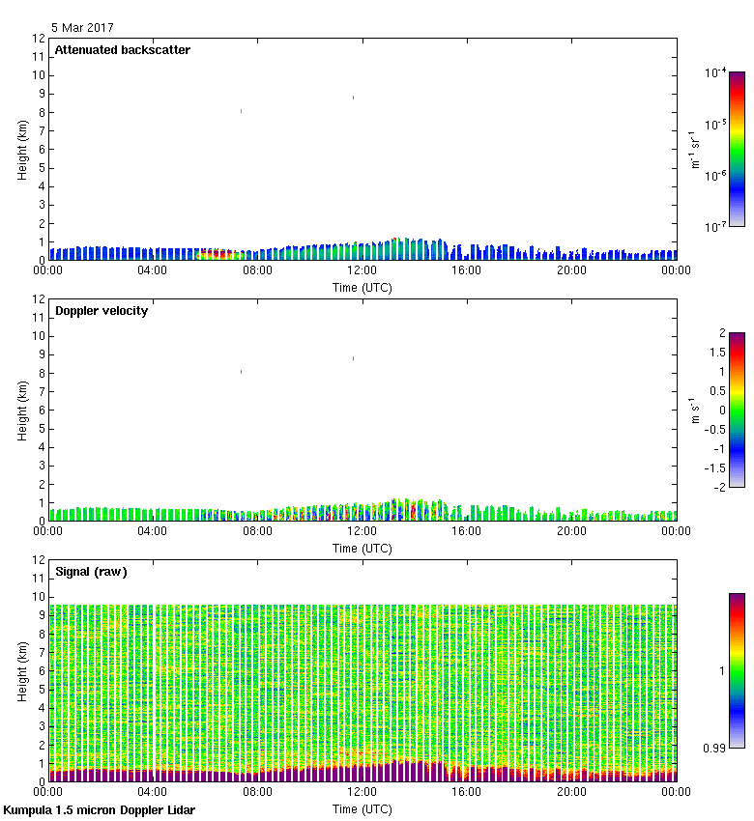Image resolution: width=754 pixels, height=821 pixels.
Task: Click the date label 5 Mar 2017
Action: pos(82,28)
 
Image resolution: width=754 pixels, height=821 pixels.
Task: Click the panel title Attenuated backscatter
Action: pos(123,50)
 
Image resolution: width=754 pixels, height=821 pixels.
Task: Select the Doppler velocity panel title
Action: pos(101,311)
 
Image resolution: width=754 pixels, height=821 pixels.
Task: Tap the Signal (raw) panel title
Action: pos(91,572)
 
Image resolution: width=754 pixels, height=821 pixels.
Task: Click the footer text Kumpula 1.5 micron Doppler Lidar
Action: pos(100,809)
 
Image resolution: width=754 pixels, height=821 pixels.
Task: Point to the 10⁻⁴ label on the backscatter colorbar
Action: pos(715,73)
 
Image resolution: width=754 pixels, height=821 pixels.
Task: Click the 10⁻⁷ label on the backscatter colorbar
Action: pos(715,226)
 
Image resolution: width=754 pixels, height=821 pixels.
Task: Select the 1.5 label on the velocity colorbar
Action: pos(714,353)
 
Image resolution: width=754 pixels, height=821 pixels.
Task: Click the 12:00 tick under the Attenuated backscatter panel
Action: pos(362,270)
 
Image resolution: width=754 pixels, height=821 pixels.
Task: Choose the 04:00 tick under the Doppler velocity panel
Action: pos(153,531)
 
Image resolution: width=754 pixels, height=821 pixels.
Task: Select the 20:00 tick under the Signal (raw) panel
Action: pos(571,792)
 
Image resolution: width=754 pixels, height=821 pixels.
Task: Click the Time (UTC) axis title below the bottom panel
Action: pos(362,807)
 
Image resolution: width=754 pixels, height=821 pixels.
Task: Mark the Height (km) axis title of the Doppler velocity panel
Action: pos(22,410)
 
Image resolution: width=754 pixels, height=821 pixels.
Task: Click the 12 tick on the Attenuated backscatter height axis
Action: pos(40,39)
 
